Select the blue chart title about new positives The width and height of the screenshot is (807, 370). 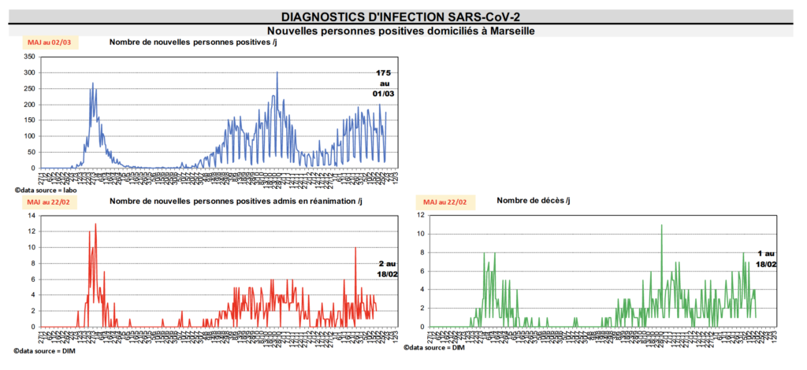192,42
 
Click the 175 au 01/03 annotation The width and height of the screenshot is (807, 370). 384,83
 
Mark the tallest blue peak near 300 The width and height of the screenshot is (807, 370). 277,73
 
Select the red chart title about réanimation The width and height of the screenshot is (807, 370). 236,202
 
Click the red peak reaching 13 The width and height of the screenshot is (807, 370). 95,224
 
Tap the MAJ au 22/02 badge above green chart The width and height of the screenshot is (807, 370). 445,202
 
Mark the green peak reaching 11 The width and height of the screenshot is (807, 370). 661,226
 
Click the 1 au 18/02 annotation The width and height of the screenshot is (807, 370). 765,259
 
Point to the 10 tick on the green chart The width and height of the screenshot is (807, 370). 422,234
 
